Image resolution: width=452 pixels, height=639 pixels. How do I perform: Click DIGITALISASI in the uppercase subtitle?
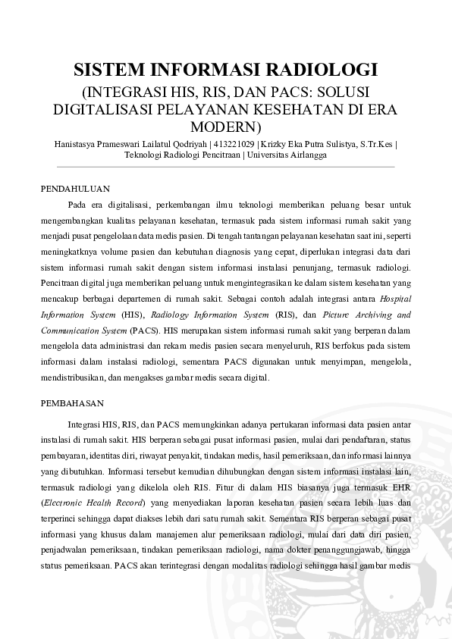[105, 108]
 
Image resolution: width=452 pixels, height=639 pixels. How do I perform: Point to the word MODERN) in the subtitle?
[225, 125]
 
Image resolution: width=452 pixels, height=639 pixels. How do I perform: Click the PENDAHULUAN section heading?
[75, 188]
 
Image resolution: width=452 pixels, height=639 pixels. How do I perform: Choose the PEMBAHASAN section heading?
[72, 403]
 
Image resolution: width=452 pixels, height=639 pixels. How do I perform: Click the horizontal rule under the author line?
[225, 167]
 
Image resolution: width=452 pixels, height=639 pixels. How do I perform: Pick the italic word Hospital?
[392, 299]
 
